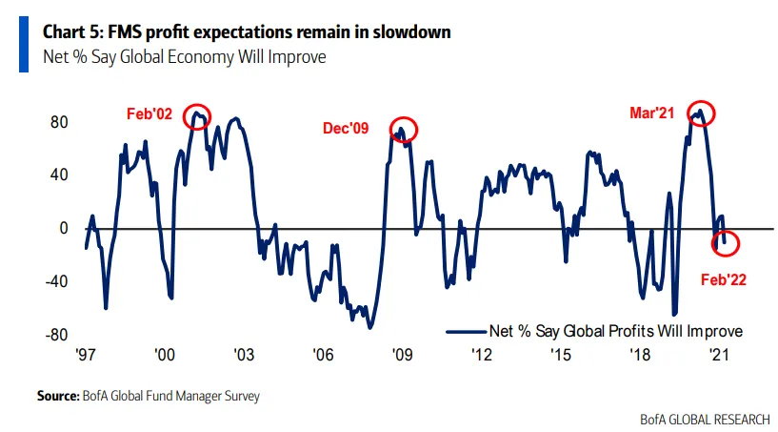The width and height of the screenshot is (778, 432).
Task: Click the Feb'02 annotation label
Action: click(150, 113)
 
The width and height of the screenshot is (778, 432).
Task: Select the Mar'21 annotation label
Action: click(651, 113)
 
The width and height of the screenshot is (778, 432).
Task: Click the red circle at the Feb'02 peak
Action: click(198, 115)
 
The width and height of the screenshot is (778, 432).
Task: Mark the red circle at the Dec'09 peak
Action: click(403, 130)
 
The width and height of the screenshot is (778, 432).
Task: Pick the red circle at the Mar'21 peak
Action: click(702, 113)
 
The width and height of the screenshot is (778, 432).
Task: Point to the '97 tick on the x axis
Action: click(86, 355)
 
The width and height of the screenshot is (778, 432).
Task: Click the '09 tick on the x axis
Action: click(402, 355)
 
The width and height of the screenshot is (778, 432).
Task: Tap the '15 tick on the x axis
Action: click(560, 355)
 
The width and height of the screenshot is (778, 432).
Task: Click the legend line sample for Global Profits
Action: click(464, 331)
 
